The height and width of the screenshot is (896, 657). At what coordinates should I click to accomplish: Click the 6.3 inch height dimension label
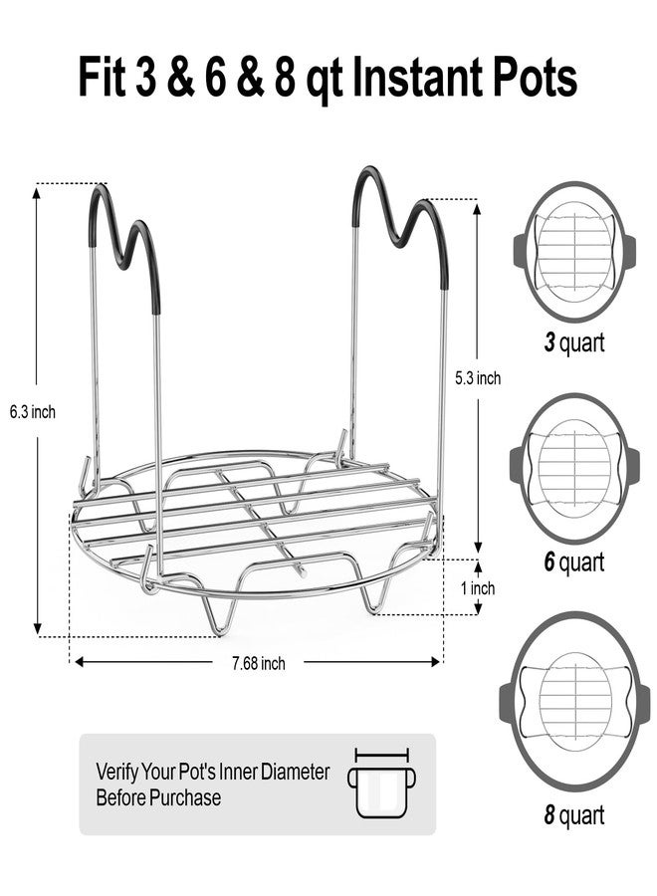(33, 411)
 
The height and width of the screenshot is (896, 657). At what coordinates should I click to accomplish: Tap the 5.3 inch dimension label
(478, 377)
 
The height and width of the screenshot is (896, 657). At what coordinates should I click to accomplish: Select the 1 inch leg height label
(478, 588)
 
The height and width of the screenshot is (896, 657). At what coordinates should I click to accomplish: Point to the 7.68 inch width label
(258, 663)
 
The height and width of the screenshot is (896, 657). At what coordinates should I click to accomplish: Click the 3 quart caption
(573, 342)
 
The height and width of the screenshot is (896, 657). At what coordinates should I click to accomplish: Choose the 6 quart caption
(573, 561)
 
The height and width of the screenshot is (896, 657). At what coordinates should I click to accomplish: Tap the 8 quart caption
(573, 814)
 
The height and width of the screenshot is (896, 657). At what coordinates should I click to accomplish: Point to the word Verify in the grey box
(116, 772)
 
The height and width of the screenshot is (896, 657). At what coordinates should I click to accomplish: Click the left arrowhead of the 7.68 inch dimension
(80, 662)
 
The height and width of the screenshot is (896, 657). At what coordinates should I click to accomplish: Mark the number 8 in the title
(284, 76)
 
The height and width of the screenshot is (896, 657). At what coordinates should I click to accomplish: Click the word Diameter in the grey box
(296, 772)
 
